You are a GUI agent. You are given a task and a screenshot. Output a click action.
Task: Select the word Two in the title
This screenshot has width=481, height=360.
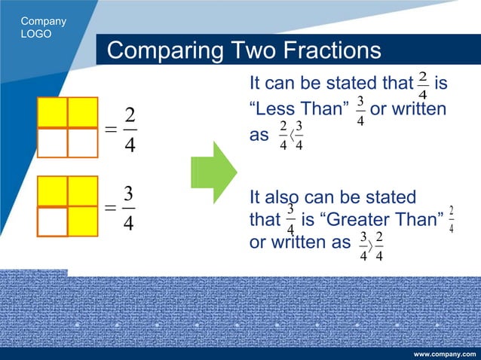(x=252, y=51)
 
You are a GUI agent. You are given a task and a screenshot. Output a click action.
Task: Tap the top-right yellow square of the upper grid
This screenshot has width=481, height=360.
(x=82, y=112)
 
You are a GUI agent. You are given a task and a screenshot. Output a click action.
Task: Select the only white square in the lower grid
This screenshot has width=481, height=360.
(x=52, y=221)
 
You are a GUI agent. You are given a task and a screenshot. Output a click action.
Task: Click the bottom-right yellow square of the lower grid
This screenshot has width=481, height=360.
(x=82, y=221)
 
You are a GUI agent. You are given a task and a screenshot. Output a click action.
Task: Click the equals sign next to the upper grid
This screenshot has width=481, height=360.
(x=111, y=130)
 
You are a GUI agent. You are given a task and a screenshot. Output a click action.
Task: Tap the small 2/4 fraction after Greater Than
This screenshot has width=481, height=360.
(x=451, y=218)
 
